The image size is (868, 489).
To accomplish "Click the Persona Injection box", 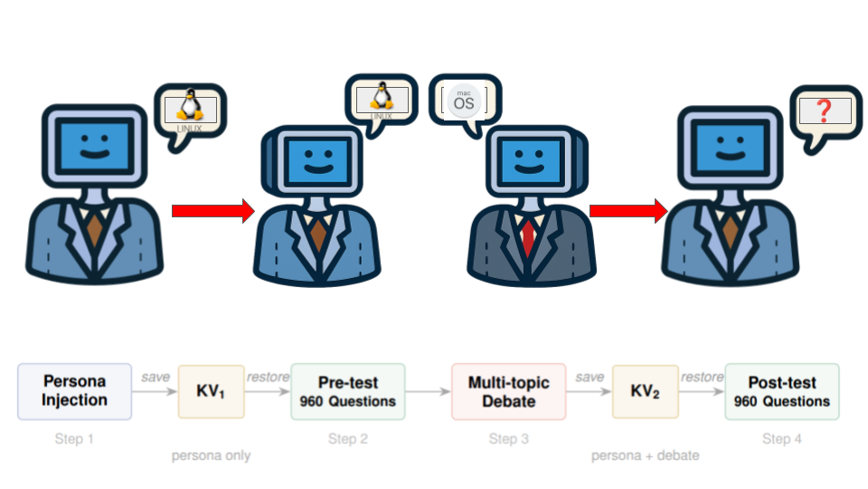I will pyautogui.click(x=75, y=391).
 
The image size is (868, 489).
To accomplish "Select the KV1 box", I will pyautogui.click(x=212, y=391).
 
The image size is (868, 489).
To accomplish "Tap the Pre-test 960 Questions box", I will pyautogui.click(x=348, y=391).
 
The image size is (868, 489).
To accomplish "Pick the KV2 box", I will pyautogui.click(x=646, y=391).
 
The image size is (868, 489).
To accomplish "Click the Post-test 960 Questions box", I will pyautogui.click(x=782, y=391).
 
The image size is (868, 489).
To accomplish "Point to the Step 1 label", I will pyautogui.click(x=74, y=439).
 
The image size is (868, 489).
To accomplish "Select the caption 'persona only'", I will pyautogui.click(x=211, y=455).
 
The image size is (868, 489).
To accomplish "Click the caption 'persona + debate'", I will pyautogui.click(x=645, y=455).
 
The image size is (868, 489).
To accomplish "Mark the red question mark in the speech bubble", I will pyautogui.click(x=823, y=111).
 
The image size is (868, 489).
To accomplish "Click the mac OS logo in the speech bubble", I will pyautogui.click(x=464, y=101).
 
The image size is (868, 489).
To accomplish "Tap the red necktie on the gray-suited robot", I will pyautogui.click(x=527, y=237).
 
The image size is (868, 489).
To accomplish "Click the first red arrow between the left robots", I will pyautogui.click(x=213, y=211).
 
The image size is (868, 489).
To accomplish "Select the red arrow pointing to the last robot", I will pyautogui.click(x=627, y=211).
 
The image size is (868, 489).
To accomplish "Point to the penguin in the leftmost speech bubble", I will pyautogui.click(x=189, y=105).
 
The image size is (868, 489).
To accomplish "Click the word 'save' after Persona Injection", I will pyautogui.click(x=156, y=377).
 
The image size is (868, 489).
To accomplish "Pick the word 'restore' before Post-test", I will pyautogui.click(x=703, y=377).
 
